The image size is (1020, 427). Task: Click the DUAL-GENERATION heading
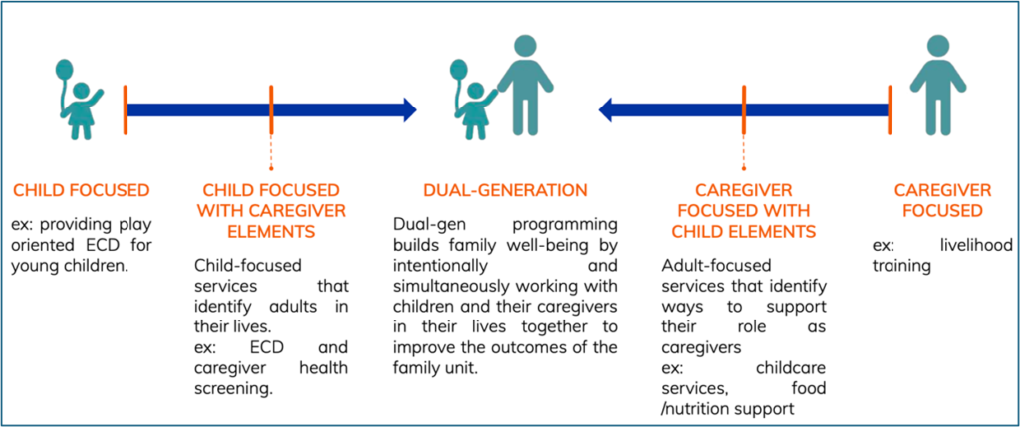point(505,190)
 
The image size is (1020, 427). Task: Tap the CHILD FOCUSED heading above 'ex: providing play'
point(82,190)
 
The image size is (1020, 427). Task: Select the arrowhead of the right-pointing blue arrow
point(410,109)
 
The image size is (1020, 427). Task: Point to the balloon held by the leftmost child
point(64,68)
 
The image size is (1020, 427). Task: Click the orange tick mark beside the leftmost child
point(126,109)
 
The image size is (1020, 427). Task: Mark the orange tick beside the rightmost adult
point(890,109)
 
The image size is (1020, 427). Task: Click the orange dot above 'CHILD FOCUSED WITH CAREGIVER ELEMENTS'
point(271,169)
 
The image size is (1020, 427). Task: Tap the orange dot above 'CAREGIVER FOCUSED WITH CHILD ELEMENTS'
point(744,169)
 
